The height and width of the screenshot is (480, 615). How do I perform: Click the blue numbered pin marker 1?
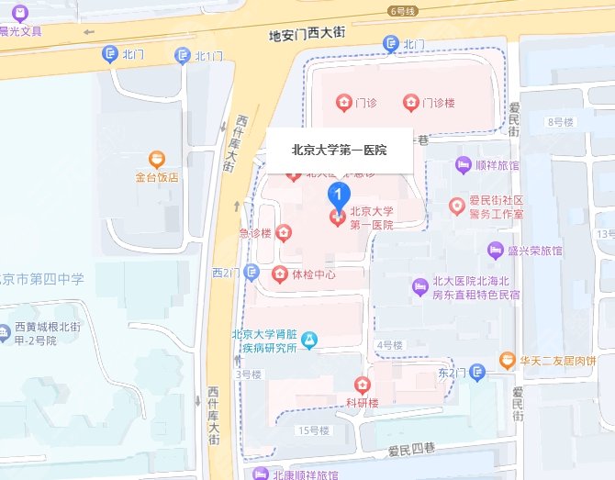point(338,195)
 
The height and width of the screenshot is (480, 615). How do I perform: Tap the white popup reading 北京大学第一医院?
point(339,150)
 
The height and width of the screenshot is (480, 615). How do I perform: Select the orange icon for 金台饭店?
point(157,160)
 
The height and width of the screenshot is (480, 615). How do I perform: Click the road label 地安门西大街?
point(306,33)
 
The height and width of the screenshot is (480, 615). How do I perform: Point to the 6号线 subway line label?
point(403,11)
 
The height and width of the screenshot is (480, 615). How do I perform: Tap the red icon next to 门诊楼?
point(409,102)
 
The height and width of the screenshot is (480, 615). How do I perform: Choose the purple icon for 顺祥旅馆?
point(464,165)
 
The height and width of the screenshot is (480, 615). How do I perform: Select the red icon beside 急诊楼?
point(284,233)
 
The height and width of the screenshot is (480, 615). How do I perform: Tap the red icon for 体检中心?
point(279,273)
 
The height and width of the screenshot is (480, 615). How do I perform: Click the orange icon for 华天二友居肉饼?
point(506,360)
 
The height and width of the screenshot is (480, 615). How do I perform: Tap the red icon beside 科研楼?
point(363,384)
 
